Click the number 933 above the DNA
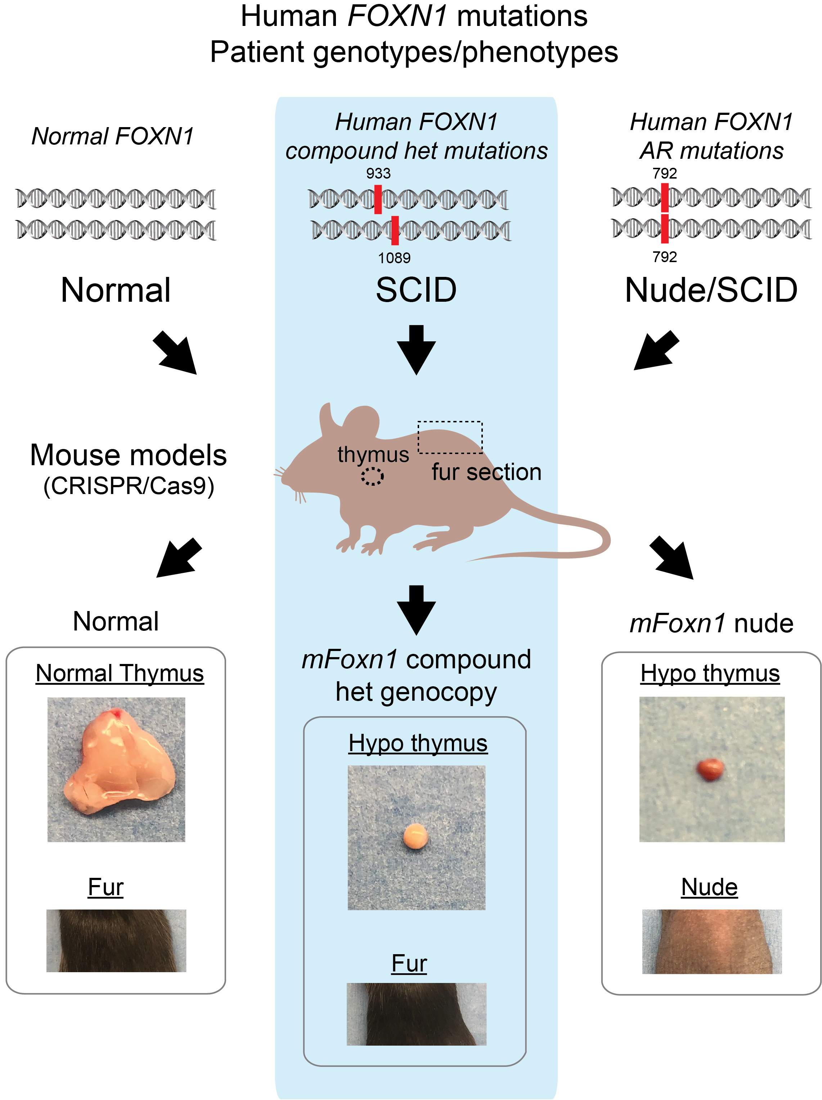[x=378, y=174]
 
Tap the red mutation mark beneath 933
[x=378, y=199]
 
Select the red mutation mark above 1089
[x=395, y=230]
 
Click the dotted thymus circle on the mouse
[x=372, y=476]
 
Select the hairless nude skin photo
[x=711, y=941]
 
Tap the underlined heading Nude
[x=709, y=887]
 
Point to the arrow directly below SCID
[x=416, y=349]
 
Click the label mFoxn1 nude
[x=711, y=623]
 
